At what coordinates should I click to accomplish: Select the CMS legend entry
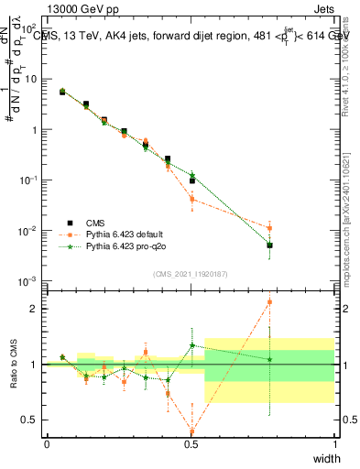click(94, 222)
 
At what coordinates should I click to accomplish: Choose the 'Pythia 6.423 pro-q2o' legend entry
click(127, 247)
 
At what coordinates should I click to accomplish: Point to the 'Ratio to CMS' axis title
click(15, 365)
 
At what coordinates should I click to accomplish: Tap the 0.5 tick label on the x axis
click(191, 443)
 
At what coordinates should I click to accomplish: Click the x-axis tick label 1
click(334, 443)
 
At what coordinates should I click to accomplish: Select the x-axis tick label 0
click(47, 443)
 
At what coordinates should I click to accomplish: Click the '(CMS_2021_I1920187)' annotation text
click(191, 274)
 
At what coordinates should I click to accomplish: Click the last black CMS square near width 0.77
click(269, 245)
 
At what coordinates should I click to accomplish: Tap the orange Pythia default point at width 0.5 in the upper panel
click(191, 199)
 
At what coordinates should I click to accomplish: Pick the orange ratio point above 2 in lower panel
click(269, 301)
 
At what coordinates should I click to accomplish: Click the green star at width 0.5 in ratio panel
click(191, 346)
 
